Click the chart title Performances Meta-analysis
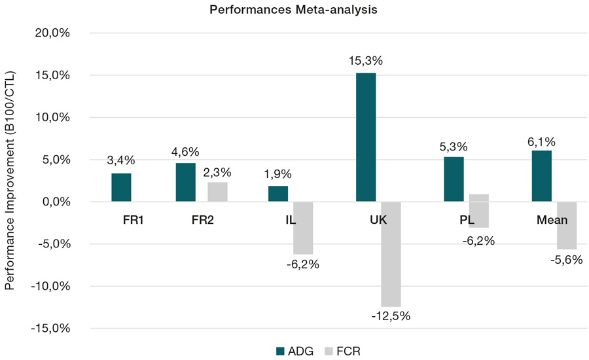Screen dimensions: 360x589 tap(294, 10)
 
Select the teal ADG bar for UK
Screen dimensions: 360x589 tap(366, 137)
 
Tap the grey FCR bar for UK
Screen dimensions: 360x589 tap(391, 254)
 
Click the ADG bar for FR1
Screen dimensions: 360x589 tap(121, 187)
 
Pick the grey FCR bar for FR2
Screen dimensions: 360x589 tap(217, 192)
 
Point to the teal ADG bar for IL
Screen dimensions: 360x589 tap(278, 194)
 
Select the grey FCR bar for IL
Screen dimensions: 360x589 tap(303, 228)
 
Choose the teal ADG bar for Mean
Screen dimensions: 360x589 tap(542, 176)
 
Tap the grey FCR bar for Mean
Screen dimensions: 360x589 tap(567, 225)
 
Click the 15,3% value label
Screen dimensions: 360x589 tap(366, 61)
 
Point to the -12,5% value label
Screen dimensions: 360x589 tap(391, 316)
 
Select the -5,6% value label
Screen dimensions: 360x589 tap(567, 259)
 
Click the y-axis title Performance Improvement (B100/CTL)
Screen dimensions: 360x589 tap(10, 180)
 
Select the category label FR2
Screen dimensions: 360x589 tap(203, 220)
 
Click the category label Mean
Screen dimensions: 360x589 tap(552, 220)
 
